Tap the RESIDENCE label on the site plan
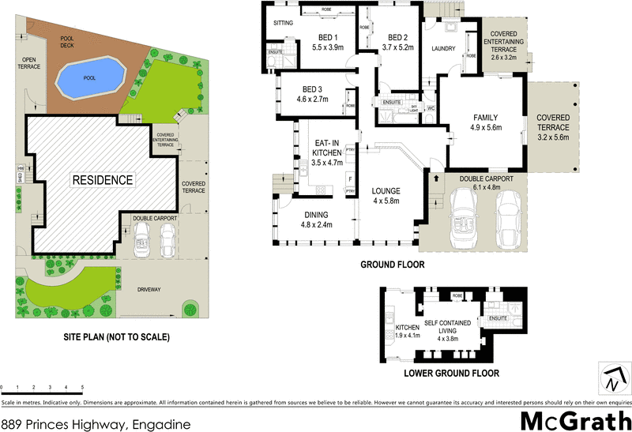tap(103, 180)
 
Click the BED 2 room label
tap(397, 37)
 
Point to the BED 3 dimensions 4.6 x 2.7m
tap(312, 100)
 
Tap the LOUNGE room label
tap(386, 190)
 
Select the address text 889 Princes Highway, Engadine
tap(96, 424)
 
